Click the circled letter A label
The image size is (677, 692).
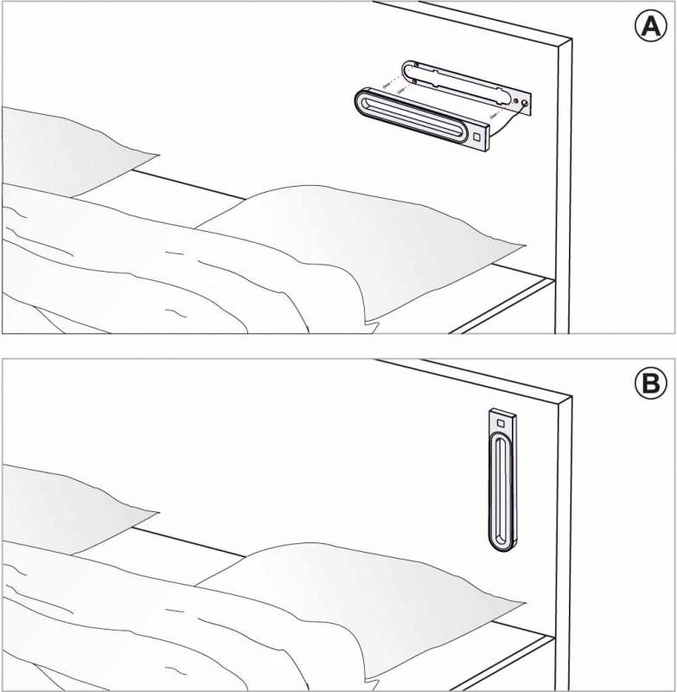648,28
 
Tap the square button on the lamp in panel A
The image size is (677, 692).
476,135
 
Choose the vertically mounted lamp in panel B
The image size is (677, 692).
502,480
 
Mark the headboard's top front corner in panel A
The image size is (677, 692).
572,40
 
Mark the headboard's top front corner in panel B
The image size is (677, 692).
572,398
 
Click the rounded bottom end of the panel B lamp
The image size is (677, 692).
502,545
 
